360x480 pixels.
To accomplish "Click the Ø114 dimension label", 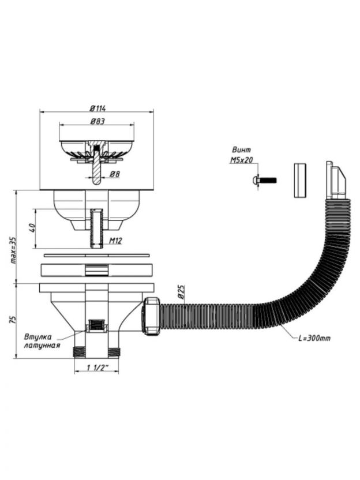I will tap(96, 108).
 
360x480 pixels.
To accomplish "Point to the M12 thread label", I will tap(114, 240).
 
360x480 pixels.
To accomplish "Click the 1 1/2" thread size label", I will tap(97, 368).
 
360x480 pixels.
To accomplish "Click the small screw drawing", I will tap(265, 180).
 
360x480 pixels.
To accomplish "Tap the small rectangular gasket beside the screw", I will tap(298, 181).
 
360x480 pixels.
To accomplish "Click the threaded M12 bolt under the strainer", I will tap(96, 228).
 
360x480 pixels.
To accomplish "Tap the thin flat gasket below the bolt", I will tap(96, 254).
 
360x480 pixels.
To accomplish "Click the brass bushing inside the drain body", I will tap(96, 327).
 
